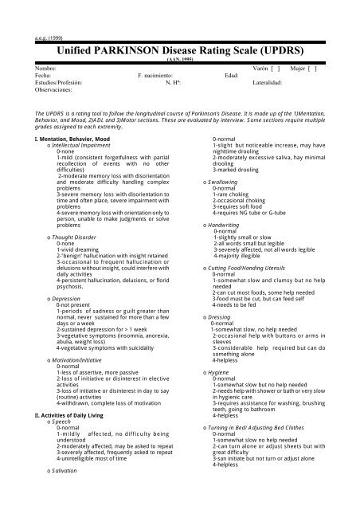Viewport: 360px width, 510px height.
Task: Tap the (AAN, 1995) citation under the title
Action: (179, 59)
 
